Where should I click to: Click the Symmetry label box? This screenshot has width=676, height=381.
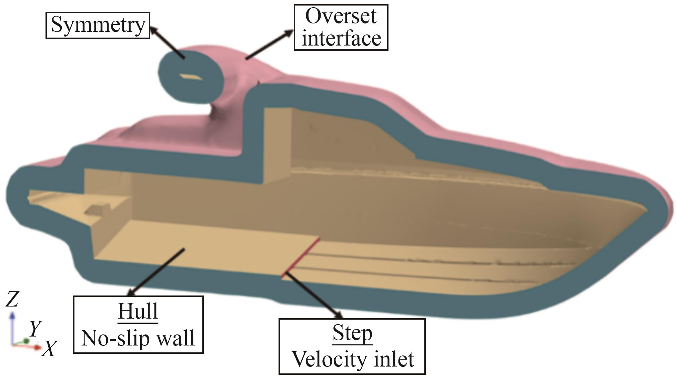[x=98, y=25]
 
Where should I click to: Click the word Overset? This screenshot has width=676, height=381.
[x=341, y=16]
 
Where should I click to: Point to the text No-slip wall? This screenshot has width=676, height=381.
[x=138, y=338]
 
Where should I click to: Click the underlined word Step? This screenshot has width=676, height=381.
[x=352, y=333]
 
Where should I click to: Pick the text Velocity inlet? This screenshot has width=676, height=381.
[x=352, y=359]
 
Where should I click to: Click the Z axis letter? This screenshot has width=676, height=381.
[x=12, y=299]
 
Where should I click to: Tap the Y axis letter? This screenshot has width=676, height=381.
[x=35, y=328]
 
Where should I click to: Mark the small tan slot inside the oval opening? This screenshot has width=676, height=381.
[x=191, y=77]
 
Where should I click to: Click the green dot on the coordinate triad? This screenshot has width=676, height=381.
[x=26, y=341]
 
